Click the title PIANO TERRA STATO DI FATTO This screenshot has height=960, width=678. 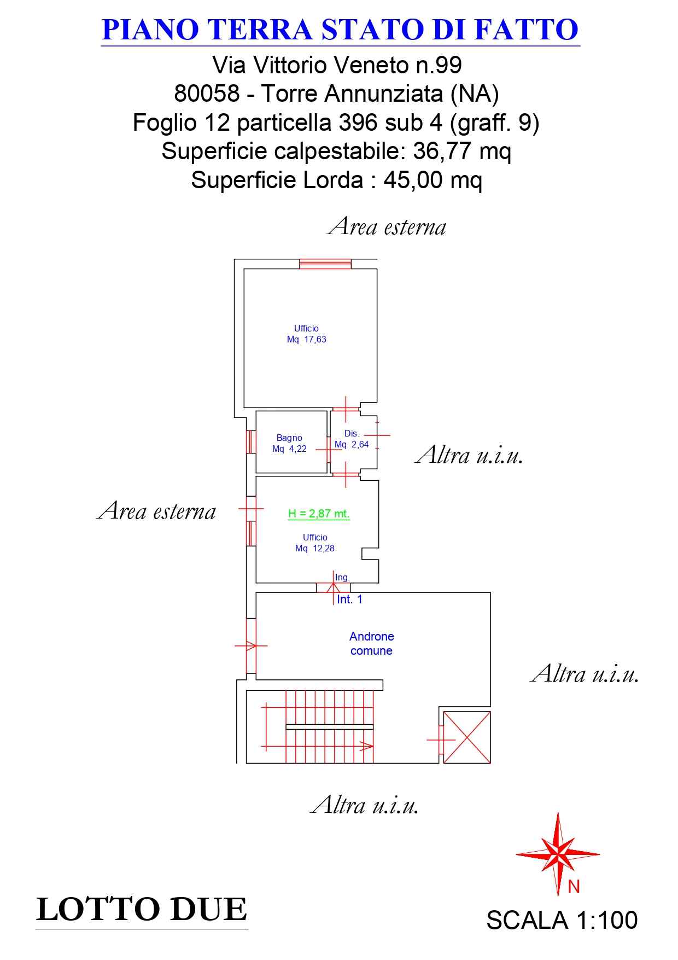pos(340,30)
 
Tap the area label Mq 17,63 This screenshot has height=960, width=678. pos(306,340)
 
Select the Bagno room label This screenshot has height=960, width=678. pos(289,438)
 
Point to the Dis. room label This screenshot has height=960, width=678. pos(352,433)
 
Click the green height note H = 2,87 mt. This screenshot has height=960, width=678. pos(319,514)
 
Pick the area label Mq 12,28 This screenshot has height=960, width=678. pos(315,549)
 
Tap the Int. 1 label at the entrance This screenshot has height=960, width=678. pos(349,600)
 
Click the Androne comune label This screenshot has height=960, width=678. pos(371,643)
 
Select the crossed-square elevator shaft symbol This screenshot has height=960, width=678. pos(466,737)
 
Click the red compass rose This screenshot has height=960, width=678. pos(558,853)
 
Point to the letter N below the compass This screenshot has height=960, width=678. pos(574,887)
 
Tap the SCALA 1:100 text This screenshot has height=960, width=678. pos(562,921)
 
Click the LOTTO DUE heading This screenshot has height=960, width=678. pos(142,910)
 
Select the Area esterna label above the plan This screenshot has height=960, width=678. pos(387,226)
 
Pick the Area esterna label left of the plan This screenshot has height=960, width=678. pos(156,511)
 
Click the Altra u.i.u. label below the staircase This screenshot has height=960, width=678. pos(365,805)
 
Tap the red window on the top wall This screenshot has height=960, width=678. pos(325,264)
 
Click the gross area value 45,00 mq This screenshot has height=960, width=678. pos(433,180)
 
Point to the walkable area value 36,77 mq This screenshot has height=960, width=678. pos(462,151)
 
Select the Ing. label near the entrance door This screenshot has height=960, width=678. pos(342,578)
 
